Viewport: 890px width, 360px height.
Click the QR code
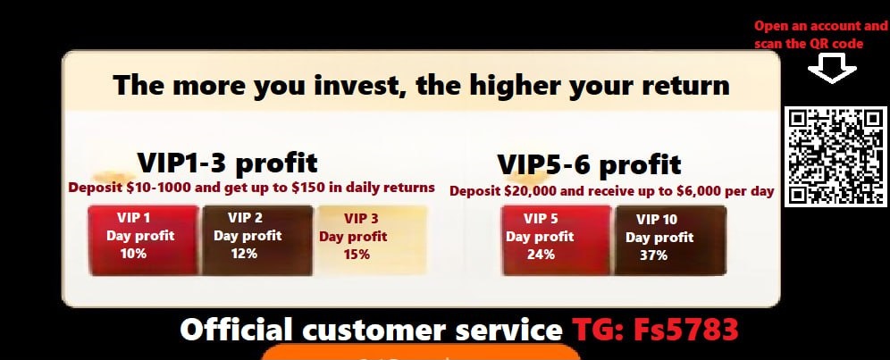click(x=835, y=156)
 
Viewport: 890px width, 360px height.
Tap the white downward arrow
click(x=832, y=69)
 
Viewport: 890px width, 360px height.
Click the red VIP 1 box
click(x=144, y=240)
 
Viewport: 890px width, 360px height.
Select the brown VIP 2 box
click(x=257, y=240)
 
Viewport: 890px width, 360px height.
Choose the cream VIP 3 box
click(x=372, y=240)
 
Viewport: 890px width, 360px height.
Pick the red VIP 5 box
click(x=556, y=240)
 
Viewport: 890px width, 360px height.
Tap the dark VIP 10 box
click(x=670, y=240)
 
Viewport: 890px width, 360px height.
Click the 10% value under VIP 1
click(x=133, y=253)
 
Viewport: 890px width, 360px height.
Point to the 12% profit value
click(x=244, y=253)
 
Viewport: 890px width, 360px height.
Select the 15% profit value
click(x=357, y=254)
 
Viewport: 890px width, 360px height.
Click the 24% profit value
click(x=541, y=254)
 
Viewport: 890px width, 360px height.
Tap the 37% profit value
click(x=654, y=255)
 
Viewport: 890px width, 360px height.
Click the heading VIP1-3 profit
click(x=228, y=163)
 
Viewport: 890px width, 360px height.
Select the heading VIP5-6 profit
click(x=589, y=165)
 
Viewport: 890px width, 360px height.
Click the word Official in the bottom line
click(x=238, y=330)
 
